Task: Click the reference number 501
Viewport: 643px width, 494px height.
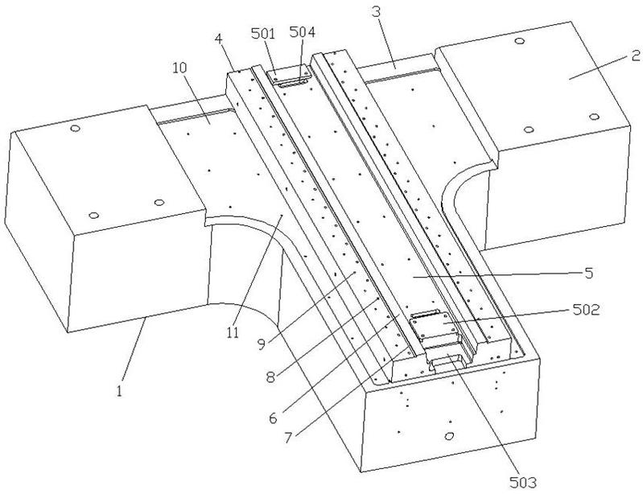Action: [x=263, y=33]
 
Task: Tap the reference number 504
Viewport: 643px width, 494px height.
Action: [x=303, y=32]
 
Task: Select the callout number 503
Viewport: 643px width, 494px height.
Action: [x=523, y=483]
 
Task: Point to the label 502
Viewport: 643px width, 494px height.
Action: [x=586, y=310]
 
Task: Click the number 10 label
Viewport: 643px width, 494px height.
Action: [x=179, y=68]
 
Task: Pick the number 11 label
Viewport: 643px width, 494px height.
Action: [x=233, y=333]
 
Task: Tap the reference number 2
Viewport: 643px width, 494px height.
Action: [x=635, y=56]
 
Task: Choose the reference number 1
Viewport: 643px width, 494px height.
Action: [x=119, y=392]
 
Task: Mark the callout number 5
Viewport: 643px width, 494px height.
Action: [x=589, y=274]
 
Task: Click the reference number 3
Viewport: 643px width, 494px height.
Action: [x=377, y=12]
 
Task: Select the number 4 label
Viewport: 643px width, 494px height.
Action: [x=219, y=39]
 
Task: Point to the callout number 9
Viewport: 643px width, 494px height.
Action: [x=262, y=344]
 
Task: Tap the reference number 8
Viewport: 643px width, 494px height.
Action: [x=270, y=377]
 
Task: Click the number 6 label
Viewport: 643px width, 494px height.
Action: [x=274, y=418]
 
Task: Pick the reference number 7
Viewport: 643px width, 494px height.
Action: [x=288, y=438]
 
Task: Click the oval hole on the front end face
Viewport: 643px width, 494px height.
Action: [x=449, y=435]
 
